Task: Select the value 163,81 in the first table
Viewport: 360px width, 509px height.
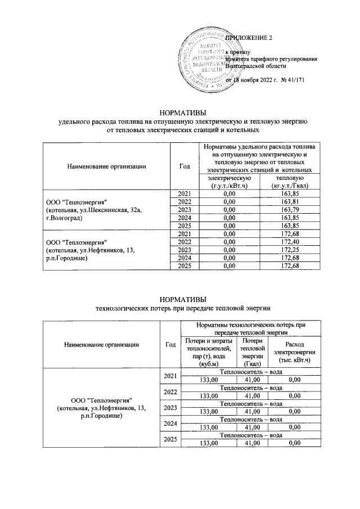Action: tap(288, 202)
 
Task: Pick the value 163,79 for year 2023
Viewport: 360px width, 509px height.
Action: tap(288, 210)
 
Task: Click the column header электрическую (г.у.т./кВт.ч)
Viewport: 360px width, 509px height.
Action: tap(228, 182)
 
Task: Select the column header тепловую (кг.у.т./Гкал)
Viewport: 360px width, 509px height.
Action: tap(288, 182)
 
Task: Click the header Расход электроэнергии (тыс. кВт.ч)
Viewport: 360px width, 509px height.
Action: tap(291, 352)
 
